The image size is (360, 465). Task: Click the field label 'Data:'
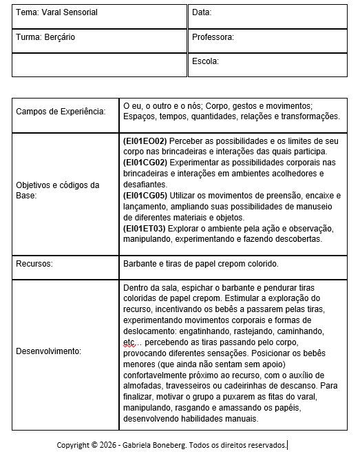tap(202, 13)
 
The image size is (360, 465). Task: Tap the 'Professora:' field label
tap(213, 38)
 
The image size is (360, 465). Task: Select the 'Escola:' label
tap(205, 61)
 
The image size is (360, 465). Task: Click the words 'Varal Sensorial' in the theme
tap(69, 13)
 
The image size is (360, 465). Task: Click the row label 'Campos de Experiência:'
tap(61, 112)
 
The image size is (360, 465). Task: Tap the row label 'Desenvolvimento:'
tap(48, 351)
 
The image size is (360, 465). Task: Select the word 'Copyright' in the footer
tap(73, 445)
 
